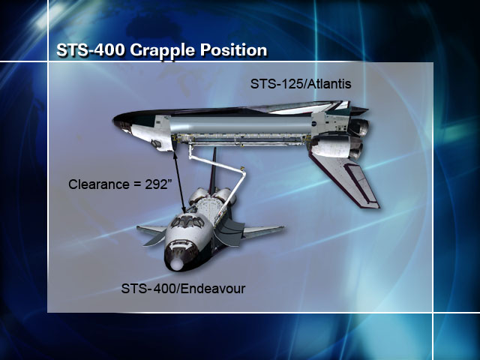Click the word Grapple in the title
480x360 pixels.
point(163,50)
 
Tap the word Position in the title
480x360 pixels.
point(233,50)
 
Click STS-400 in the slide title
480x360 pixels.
point(91,49)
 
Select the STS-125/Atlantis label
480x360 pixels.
point(301,84)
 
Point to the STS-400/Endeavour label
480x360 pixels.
point(183,288)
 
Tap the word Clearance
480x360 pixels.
point(99,184)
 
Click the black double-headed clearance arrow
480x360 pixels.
point(180,182)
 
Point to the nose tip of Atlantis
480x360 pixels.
point(114,119)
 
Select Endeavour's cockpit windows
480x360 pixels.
point(187,221)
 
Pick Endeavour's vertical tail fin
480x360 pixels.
point(213,171)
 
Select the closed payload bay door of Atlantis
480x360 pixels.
point(240,124)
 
